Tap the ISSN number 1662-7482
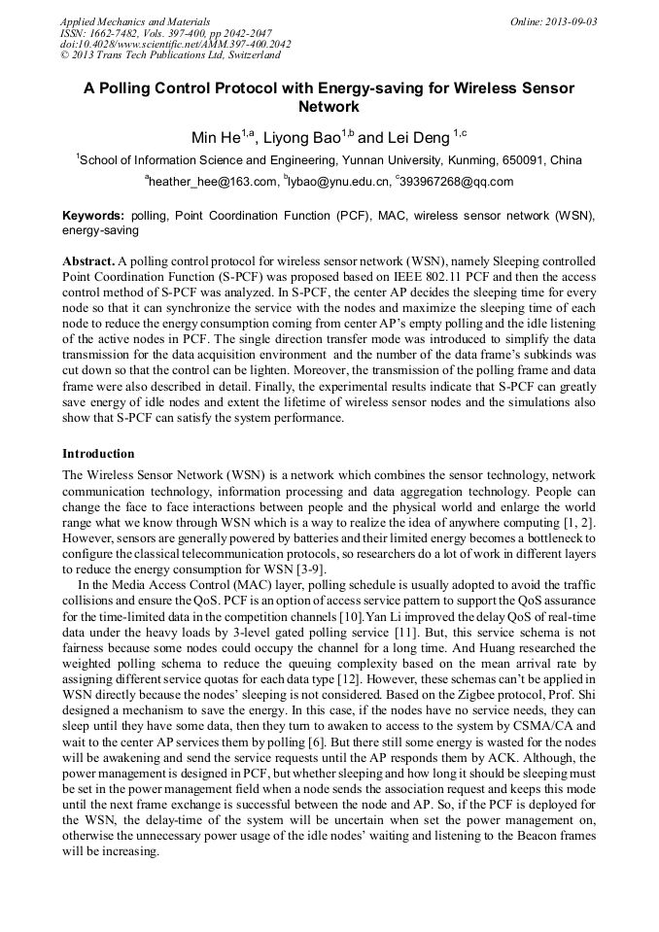click(x=121, y=32)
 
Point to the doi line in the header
click(x=174, y=44)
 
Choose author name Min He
click(x=217, y=138)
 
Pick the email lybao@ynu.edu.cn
click(x=336, y=181)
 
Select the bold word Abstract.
click(x=88, y=262)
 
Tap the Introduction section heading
click(x=98, y=454)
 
